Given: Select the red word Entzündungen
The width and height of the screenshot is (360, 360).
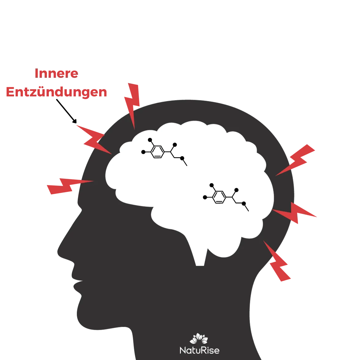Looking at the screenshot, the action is tap(56, 92).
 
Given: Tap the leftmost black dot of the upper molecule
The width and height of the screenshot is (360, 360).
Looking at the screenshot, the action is tap(143, 152).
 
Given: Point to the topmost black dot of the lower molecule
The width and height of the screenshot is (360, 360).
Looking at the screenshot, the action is tap(211, 185).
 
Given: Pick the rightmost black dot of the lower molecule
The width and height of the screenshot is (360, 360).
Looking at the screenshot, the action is tap(244, 203).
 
